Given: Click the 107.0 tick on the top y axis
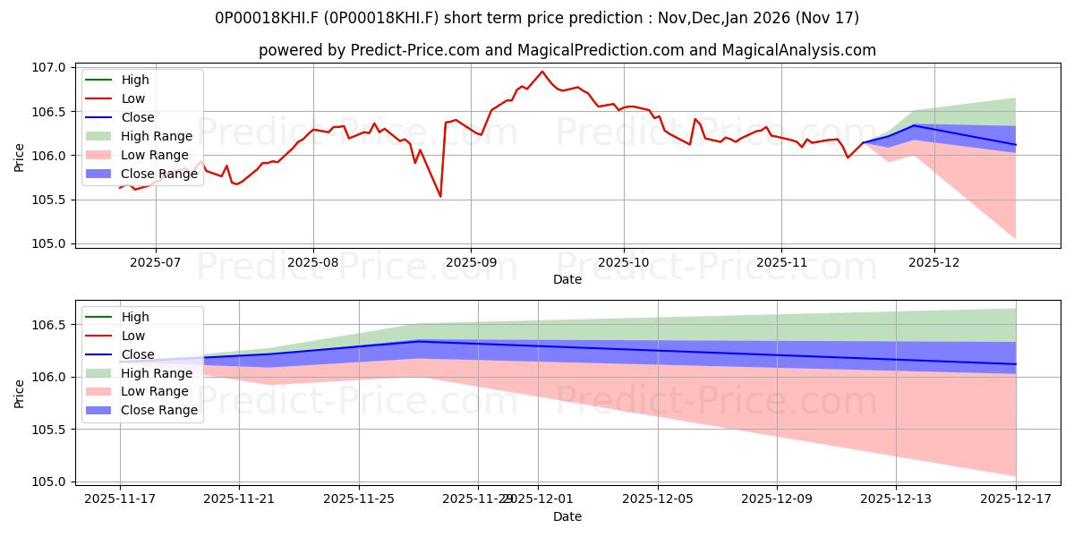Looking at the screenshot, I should [x=52, y=68].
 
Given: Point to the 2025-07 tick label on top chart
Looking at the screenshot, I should [x=155, y=262].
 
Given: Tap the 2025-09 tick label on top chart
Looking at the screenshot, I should [x=471, y=262].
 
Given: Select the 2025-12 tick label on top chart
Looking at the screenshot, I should [x=934, y=262].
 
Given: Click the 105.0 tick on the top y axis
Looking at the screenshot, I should [x=52, y=243].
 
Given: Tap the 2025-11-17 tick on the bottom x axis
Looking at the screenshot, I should [x=120, y=499].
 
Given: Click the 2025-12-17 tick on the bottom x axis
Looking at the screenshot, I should [x=1016, y=499].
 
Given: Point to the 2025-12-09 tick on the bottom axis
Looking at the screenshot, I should [x=777, y=499].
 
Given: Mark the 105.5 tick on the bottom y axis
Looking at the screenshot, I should [x=52, y=430].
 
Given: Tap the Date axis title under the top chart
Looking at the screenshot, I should [x=567, y=279].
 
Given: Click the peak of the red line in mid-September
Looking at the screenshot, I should [x=542, y=72].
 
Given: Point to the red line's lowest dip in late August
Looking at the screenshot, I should [x=440, y=197].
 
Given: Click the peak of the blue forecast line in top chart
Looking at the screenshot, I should [x=915, y=125].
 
